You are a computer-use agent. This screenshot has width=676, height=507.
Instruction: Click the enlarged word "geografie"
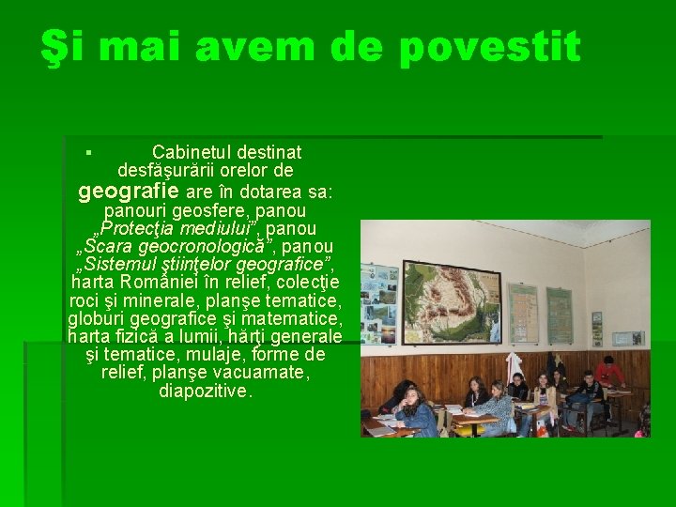click(130, 192)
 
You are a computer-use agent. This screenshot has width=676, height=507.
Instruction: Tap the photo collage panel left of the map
click(379, 305)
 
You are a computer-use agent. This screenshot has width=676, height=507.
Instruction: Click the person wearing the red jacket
click(610, 372)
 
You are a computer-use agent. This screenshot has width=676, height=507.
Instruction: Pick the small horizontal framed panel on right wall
click(626, 337)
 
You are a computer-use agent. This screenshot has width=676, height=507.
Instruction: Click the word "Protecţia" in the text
click(133, 229)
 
